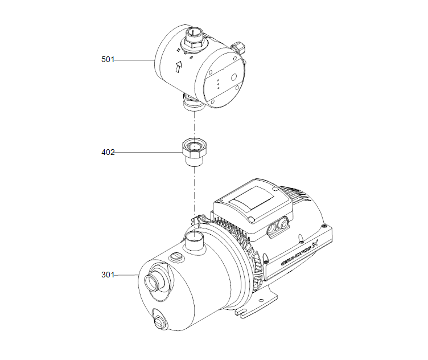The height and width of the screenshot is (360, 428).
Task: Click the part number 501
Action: pyautogui.click(x=108, y=59)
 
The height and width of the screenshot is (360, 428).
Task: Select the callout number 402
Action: pyautogui.click(x=108, y=152)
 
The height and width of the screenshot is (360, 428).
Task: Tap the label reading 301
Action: pyautogui.click(x=108, y=275)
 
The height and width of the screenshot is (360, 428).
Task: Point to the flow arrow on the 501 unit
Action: pyautogui.click(x=179, y=68)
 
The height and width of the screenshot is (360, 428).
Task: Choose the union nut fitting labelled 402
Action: pyautogui.click(x=194, y=151)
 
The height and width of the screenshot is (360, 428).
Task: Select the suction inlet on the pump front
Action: pyautogui.click(x=155, y=282)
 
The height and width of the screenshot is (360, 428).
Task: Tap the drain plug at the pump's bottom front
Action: pyautogui.click(x=159, y=320)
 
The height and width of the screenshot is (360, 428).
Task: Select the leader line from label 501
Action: pyautogui.click(x=134, y=59)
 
